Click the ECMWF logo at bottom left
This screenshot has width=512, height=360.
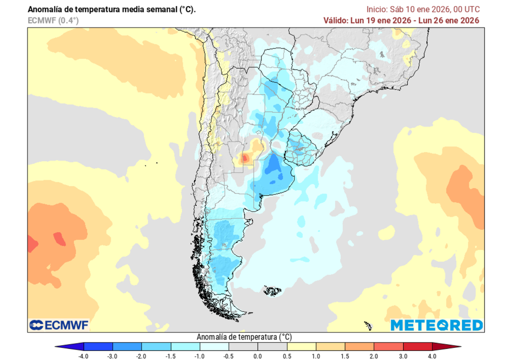58,325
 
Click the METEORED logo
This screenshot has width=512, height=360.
436,325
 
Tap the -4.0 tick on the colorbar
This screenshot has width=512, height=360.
84,355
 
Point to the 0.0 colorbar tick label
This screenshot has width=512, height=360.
257,355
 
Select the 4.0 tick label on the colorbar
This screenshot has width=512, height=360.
432,355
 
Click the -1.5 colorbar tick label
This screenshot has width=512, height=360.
170,355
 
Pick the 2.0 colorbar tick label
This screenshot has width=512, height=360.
373,355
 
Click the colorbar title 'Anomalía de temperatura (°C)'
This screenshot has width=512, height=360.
244,336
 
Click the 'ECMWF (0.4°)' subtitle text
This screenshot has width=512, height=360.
53,20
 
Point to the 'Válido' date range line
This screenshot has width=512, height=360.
401,20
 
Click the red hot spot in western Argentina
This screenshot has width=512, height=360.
244,158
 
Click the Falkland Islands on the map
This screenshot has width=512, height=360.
272,290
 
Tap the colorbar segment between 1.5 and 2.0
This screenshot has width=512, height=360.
359,346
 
